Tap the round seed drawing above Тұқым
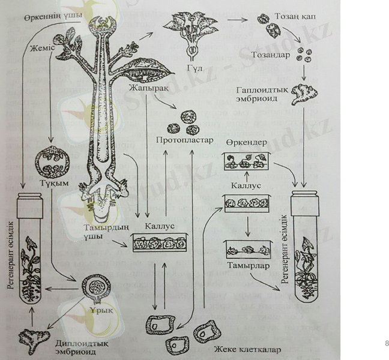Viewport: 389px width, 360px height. (x=49, y=160)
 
